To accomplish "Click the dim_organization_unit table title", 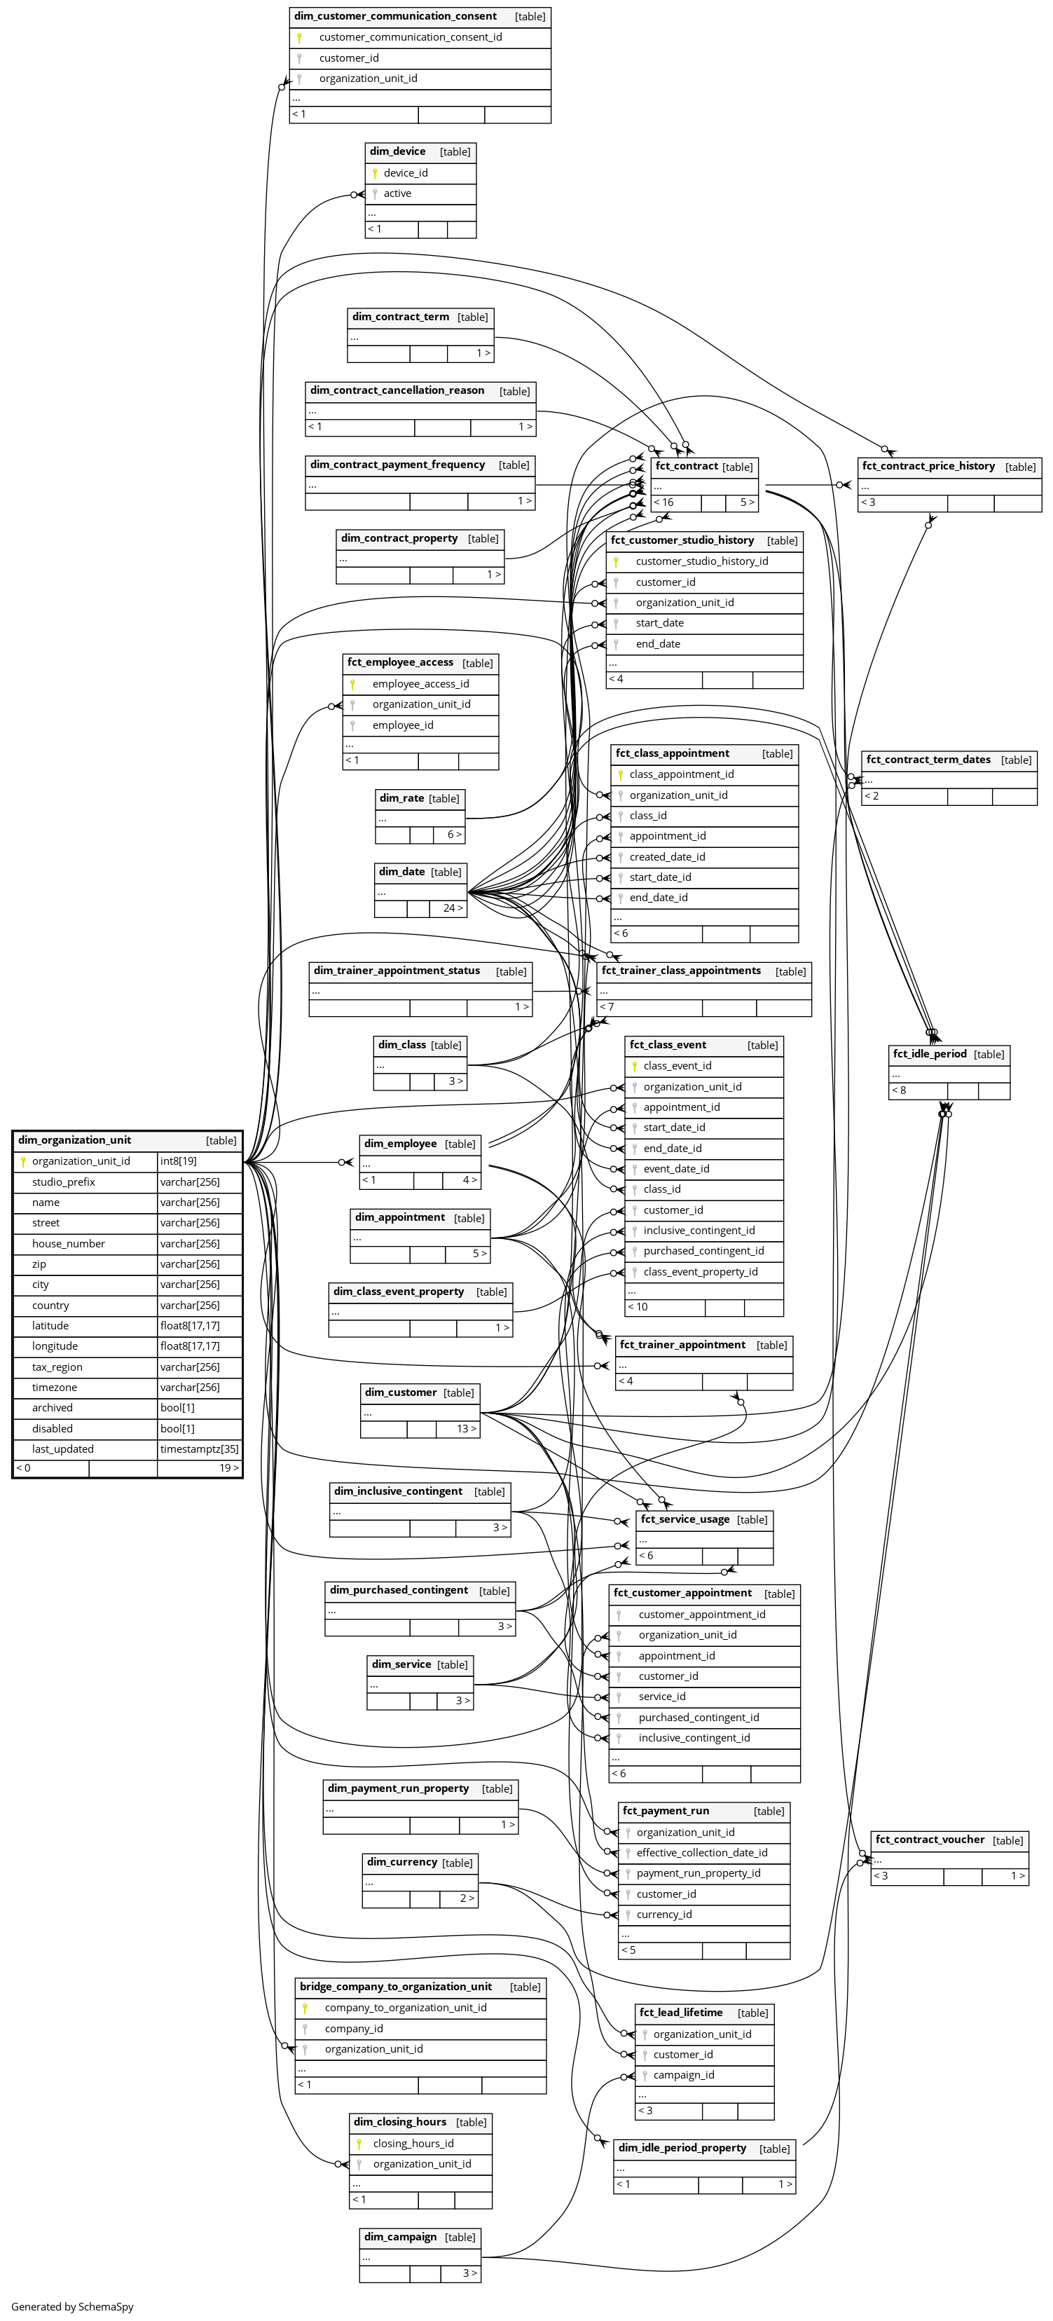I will (x=75, y=1139).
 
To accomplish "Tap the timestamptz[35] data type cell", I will (x=199, y=1449).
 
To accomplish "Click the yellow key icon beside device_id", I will (x=375, y=173).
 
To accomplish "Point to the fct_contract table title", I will (x=687, y=466).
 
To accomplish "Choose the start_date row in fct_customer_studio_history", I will (x=659, y=622).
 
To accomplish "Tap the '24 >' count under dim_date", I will (x=452, y=908).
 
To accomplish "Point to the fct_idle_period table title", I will (x=929, y=1053).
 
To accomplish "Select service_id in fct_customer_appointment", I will (x=662, y=1697).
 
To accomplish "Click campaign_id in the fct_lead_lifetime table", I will (x=684, y=2074).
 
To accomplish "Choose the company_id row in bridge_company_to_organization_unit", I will (x=354, y=2028).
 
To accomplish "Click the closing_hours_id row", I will (x=413, y=2144).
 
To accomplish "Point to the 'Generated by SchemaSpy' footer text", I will (x=72, y=2306).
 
